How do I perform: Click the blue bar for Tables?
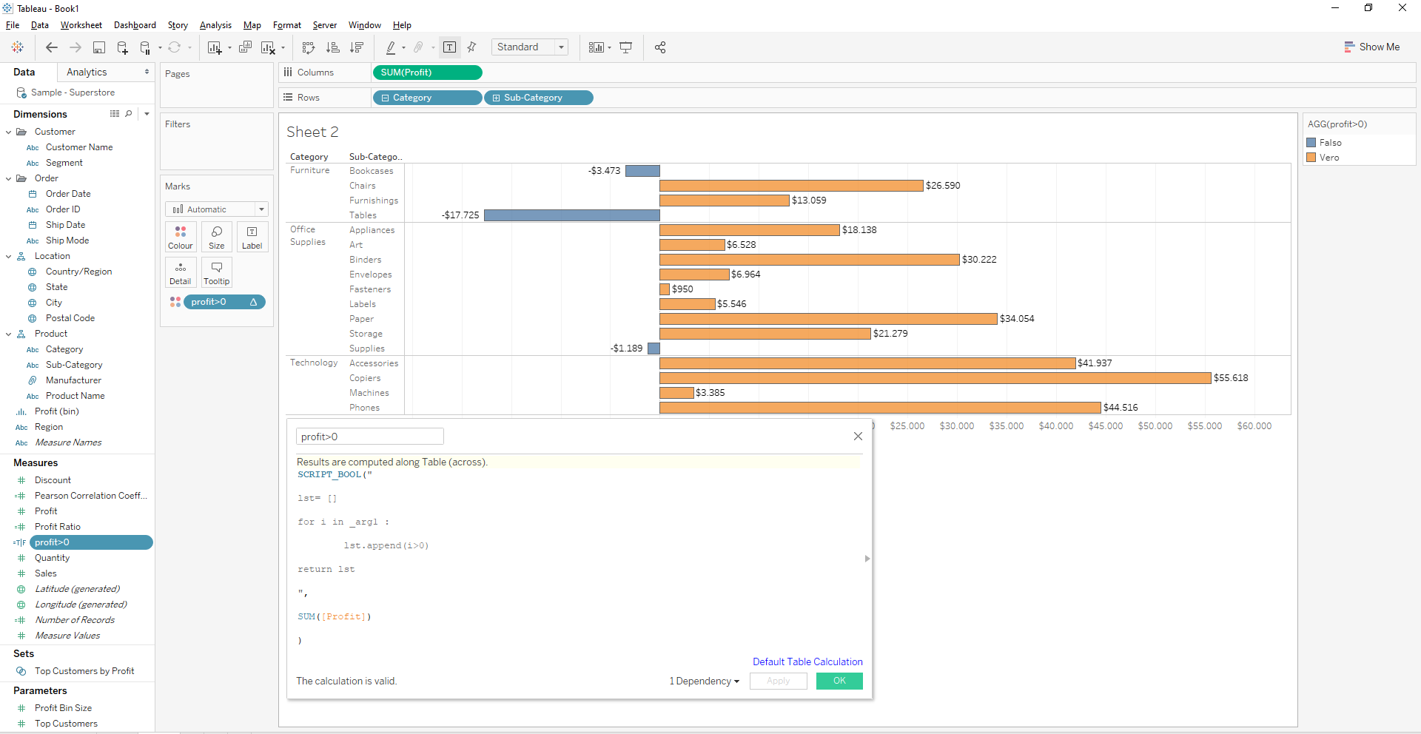(x=571, y=215)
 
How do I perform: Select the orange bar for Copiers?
(x=935, y=378)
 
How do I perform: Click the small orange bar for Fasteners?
(x=665, y=289)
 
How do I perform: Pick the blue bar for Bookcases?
(x=642, y=171)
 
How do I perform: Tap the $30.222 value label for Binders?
(x=979, y=260)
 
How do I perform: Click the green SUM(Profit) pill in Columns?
(x=427, y=73)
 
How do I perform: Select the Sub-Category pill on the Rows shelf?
(x=538, y=98)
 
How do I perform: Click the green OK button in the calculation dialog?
(x=839, y=681)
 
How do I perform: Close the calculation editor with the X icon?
(x=858, y=437)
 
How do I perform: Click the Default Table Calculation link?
(x=807, y=661)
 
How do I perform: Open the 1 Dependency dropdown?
(x=704, y=681)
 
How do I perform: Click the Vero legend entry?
(x=1328, y=158)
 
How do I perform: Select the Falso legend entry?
(x=1329, y=143)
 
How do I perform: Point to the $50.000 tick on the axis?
(x=1155, y=426)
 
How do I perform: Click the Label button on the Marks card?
(x=252, y=238)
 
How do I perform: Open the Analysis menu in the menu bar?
(x=215, y=25)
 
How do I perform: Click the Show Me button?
(x=1371, y=47)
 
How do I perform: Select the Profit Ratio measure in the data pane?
(x=58, y=527)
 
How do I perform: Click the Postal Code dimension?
(x=70, y=318)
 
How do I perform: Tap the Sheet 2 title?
(x=312, y=132)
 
